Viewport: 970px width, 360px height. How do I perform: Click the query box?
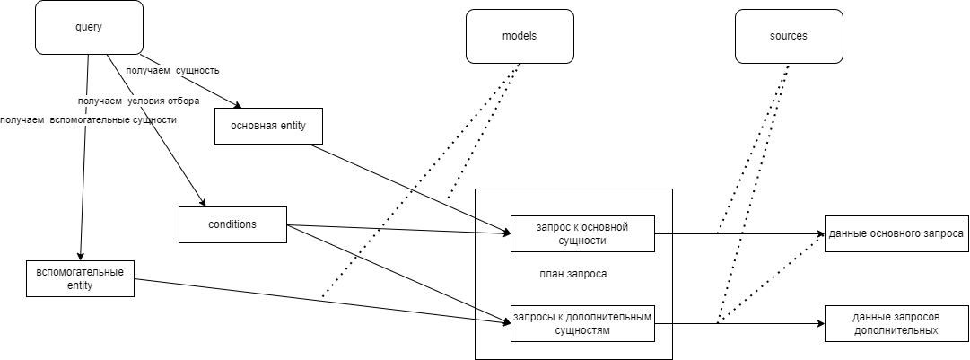click(89, 27)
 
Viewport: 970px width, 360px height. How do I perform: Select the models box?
click(520, 36)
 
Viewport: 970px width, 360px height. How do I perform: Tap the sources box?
click(789, 36)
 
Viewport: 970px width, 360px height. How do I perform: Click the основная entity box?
click(268, 126)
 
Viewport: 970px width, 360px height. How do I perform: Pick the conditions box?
click(232, 224)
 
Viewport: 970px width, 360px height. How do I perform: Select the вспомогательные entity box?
click(80, 278)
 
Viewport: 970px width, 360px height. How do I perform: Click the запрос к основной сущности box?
click(582, 233)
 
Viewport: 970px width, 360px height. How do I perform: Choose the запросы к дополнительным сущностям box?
click(582, 323)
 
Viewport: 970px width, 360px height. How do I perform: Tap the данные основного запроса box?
click(896, 233)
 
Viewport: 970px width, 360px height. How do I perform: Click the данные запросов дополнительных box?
click(896, 323)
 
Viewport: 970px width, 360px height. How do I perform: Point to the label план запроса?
click(573, 274)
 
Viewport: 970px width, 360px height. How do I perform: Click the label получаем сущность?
click(172, 69)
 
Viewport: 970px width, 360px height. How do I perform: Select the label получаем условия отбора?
click(138, 101)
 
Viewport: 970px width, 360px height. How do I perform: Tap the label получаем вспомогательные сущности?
click(88, 119)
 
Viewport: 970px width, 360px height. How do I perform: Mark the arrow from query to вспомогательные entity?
click(84, 180)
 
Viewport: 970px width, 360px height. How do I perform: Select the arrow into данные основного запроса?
click(763, 234)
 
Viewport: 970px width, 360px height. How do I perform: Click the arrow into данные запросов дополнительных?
click(763, 324)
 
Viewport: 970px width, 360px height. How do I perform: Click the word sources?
click(789, 36)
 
